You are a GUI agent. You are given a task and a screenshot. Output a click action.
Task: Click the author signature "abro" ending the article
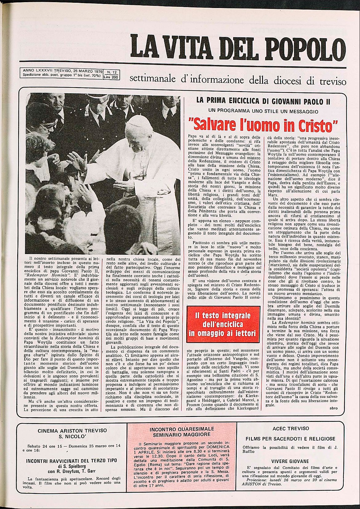(333, 408)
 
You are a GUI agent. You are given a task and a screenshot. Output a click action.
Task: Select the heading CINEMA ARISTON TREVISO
(72, 430)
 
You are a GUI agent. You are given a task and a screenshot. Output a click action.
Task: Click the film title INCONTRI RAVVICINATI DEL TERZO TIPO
(71, 461)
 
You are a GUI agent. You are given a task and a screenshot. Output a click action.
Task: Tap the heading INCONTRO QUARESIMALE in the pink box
(182, 429)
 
